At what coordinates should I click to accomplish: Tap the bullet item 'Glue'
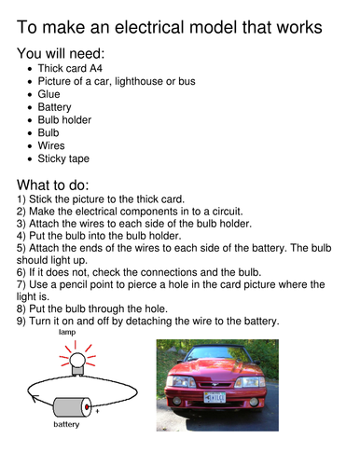click(48, 94)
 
